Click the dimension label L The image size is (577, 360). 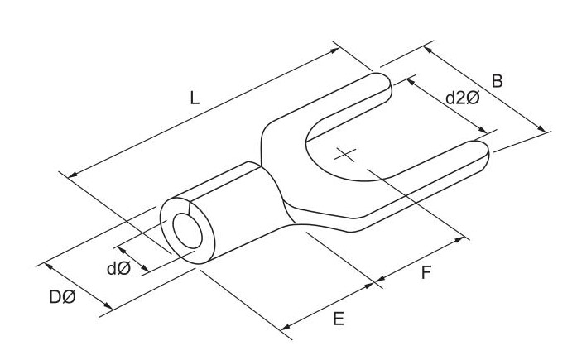[195, 98]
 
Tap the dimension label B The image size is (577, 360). [498, 81]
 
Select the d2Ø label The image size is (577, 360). [463, 98]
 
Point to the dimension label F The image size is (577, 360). [426, 273]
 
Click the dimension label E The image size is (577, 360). [339, 319]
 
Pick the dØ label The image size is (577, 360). [118, 269]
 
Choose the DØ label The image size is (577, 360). [62, 297]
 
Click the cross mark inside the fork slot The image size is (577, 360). [345, 155]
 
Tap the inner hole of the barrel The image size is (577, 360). [187, 231]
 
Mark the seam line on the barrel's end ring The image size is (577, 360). [189, 207]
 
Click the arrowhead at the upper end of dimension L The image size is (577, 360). [335, 50]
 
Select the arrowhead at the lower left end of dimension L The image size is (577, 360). [73, 175]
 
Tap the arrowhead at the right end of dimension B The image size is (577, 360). [542, 129]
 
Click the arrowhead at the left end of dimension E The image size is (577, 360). [285, 326]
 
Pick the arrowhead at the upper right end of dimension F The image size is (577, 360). [459, 240]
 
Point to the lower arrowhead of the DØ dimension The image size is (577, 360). [108, 305]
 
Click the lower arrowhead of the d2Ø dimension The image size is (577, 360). [482, 129]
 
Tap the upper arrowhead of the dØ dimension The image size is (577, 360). [122, 251]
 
